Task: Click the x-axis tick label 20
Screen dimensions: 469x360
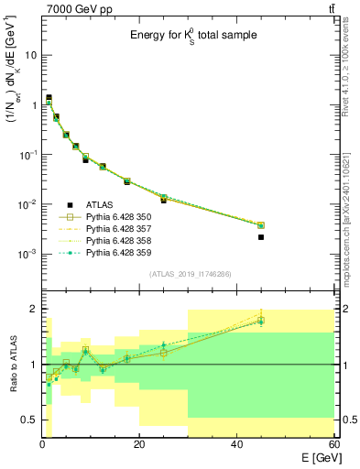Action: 139,445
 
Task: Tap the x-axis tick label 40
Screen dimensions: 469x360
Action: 236,445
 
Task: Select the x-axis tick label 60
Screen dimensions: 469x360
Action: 333,445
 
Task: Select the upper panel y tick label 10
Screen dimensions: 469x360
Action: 30,55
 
